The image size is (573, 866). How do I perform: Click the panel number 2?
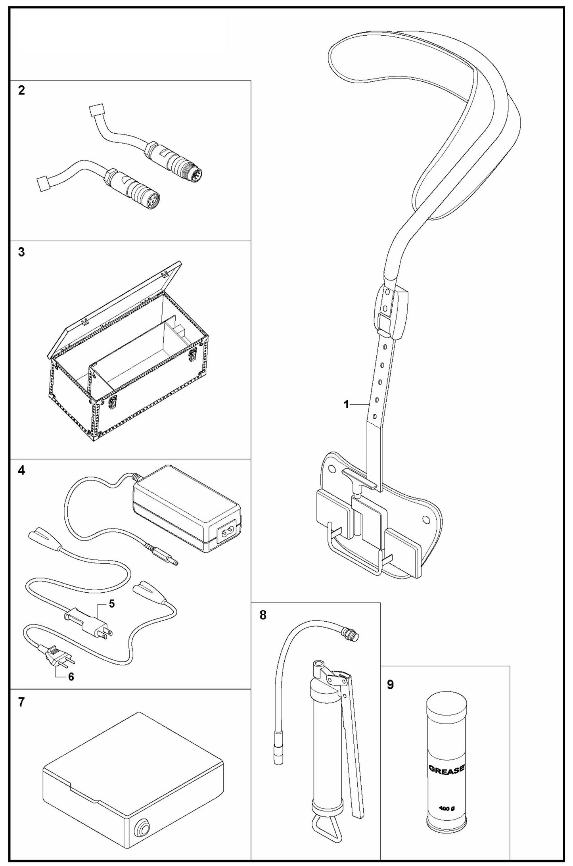pos(21,90)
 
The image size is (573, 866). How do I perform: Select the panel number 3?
pos(21,252)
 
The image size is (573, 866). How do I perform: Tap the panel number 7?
pos(21,702)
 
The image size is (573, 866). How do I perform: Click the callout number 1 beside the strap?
pos(346,405)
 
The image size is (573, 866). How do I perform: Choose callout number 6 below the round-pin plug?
pos(71,677)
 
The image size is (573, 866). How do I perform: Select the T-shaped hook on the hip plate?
pos(359,476)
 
